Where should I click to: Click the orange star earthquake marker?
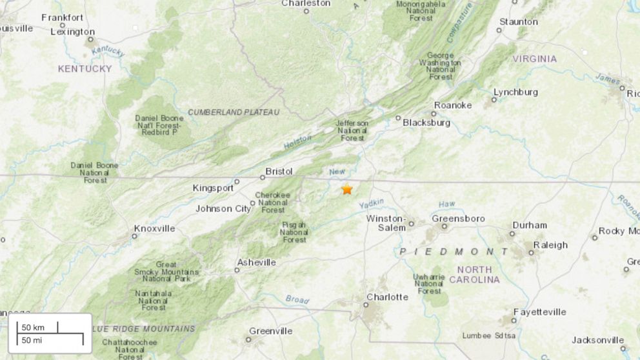click(x=347, y=189)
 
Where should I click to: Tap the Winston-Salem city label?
click(x=386, y=223)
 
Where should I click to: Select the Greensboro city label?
click(x=458, y=219)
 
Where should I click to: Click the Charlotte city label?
click(x=387, y=297)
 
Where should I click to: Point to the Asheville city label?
click(x=256, y=263)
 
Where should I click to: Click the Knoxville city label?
click(x=154, y=228)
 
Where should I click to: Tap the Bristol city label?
click(x=279, y=172)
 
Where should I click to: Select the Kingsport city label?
click(x=213, y=188)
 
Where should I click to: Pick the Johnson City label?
click(x=223, y=208)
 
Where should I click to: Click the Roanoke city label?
click(x=453, y=105)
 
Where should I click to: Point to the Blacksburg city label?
click(x=426, y=123)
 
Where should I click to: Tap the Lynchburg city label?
click(x=515, y=92)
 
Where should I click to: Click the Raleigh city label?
click(x=550, y=245)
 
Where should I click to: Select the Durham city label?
click(x=529, y=225)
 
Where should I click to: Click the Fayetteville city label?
click(x=541, y=312)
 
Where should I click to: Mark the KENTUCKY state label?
click(x=85, y=68)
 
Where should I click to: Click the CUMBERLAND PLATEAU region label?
click(x=234, y=112)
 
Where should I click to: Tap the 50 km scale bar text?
click(x=34, y=327)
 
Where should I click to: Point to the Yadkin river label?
click(x=371, y=204)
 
